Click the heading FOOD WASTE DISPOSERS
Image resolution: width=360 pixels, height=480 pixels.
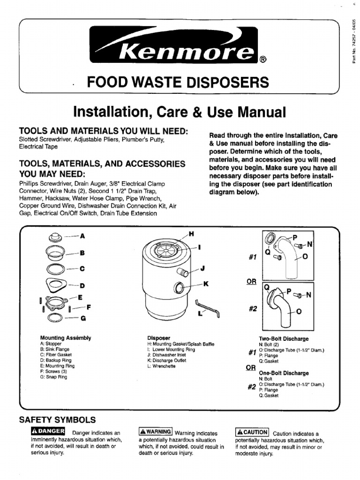(x=178, y=83)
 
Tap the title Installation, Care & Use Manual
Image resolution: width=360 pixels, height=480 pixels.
(x=180, y=112)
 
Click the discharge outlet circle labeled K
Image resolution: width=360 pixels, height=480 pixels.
(x=180, y=287)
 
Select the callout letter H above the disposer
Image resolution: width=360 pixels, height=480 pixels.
(x=191, y=233)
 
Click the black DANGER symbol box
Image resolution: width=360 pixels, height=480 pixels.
(x=47, y=431)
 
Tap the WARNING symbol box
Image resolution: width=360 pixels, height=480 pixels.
(x=156, y=432)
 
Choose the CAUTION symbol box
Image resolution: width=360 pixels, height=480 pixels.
(x=252, y=432)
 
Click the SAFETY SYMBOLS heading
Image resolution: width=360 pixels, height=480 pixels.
(x=57, y=420)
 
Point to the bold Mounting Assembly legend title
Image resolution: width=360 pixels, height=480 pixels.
(x=66, y=337)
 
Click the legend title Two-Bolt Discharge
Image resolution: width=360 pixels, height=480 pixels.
(x=284, y=338)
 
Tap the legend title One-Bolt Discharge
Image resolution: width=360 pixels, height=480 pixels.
(x=284, y=373)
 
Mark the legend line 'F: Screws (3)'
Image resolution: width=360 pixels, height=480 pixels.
(x=54, y=371)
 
